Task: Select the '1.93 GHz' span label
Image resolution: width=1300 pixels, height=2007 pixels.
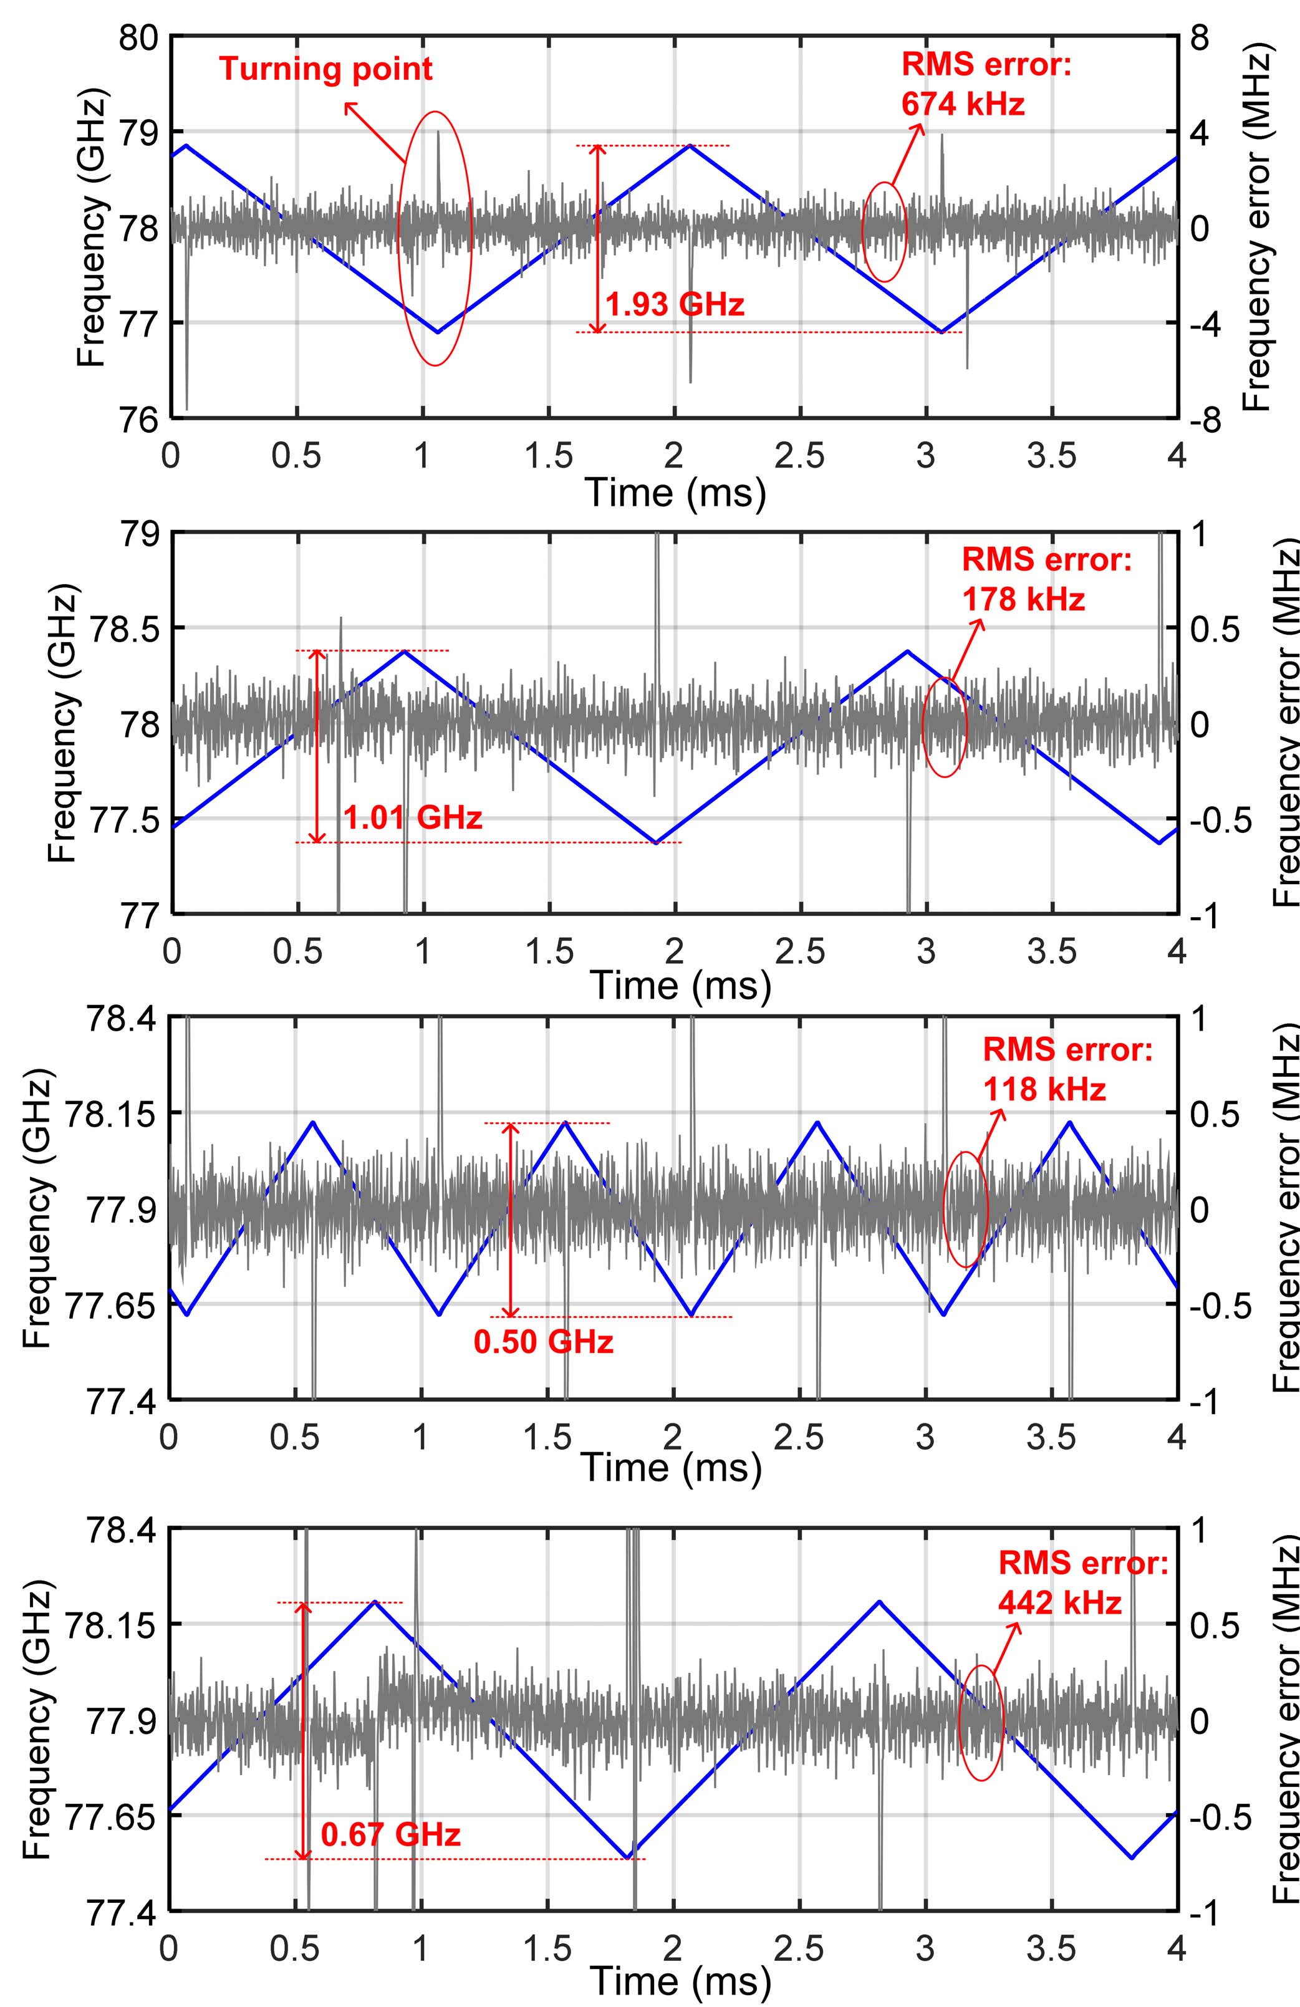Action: click(675, 304)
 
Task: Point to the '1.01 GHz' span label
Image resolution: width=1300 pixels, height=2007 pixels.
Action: click(413, 817)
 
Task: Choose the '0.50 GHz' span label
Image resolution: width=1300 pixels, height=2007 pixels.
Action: click(544, 1341)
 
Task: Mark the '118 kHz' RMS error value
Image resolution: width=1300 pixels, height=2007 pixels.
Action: click(1044, 1089)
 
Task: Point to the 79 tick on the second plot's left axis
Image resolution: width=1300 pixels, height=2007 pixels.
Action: click(139, 534)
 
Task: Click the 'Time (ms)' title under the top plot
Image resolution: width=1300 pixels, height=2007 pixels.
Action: click(675, 492)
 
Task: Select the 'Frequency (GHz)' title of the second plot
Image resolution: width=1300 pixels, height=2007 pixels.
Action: click(63, 723)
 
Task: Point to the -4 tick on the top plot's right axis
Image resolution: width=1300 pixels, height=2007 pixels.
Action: click(1203, 323)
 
